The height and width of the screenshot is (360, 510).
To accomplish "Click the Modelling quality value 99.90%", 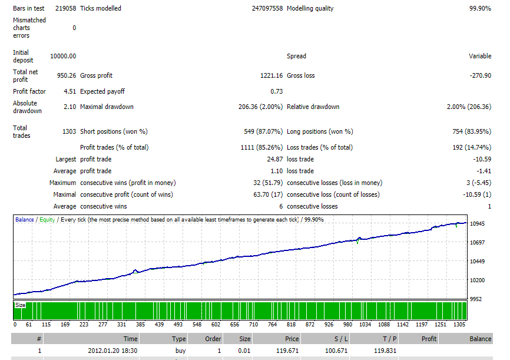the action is (x=480, y=8).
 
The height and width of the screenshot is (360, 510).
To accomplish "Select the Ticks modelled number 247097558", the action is (x=267, y=8).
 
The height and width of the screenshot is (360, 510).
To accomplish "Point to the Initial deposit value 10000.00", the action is (x=63, y=56).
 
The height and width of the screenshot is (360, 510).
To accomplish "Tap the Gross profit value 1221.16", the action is (x=271, y=75).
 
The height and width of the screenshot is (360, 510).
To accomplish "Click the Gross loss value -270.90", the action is (x=481, y=75).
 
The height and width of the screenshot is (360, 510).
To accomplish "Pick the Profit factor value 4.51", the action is (x=70, y=91).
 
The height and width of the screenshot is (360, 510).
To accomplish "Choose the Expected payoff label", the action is (x=102, y=91).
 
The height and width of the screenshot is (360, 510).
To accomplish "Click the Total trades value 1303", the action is (x=69, y=131).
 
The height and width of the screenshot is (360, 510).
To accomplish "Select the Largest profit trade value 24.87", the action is (x=275, y=159).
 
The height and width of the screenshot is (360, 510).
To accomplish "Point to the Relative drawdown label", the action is (x=313, y=107).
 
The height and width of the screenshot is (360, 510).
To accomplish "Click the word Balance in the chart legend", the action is (x=24, y=220).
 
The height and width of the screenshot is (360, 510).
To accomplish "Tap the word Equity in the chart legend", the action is (x=47, y=220).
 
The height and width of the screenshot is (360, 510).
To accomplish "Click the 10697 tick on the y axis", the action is (x=477, y=243).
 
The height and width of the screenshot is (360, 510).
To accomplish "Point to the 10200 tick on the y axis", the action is (x=477, y=280).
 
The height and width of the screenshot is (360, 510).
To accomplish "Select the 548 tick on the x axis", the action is (x=197, y=325).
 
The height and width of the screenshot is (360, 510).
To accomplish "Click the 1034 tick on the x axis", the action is (x=365, y=325).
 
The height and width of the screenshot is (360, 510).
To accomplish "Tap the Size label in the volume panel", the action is (x=20, y=305).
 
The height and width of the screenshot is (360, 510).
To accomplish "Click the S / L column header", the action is (x=341, y=339).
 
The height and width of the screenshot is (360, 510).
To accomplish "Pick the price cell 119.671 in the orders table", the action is (x=287, y=351).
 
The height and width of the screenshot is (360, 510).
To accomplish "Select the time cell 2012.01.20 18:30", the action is (x=112, y=351).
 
